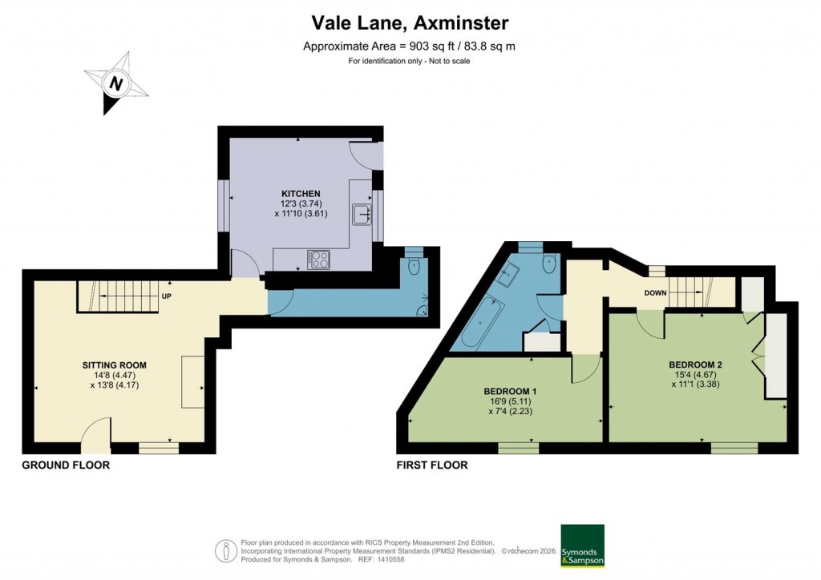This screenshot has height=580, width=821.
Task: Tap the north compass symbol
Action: (x=117, y=83)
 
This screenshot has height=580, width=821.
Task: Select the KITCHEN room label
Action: (x=301, y=194)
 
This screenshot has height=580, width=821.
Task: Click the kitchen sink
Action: (x=362, y=214)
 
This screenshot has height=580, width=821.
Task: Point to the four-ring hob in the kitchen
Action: (x=318, y=259)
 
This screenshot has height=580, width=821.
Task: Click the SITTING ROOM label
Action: (x=115, y=365)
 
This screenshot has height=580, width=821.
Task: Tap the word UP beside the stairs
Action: (x=167, y=296)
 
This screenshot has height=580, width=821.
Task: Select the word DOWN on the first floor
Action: (x=655, y=292)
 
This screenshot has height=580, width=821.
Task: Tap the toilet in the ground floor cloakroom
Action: (x=413, y=267)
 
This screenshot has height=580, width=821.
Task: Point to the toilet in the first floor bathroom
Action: (x=549, y=264)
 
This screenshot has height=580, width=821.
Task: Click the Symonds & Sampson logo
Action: (x=582, y=546)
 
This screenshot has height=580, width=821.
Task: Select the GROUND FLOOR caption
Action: (x=66, y=465)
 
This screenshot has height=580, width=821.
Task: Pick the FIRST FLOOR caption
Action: (x=432, y=465)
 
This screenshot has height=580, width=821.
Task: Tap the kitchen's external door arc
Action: (x=365, y=155)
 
